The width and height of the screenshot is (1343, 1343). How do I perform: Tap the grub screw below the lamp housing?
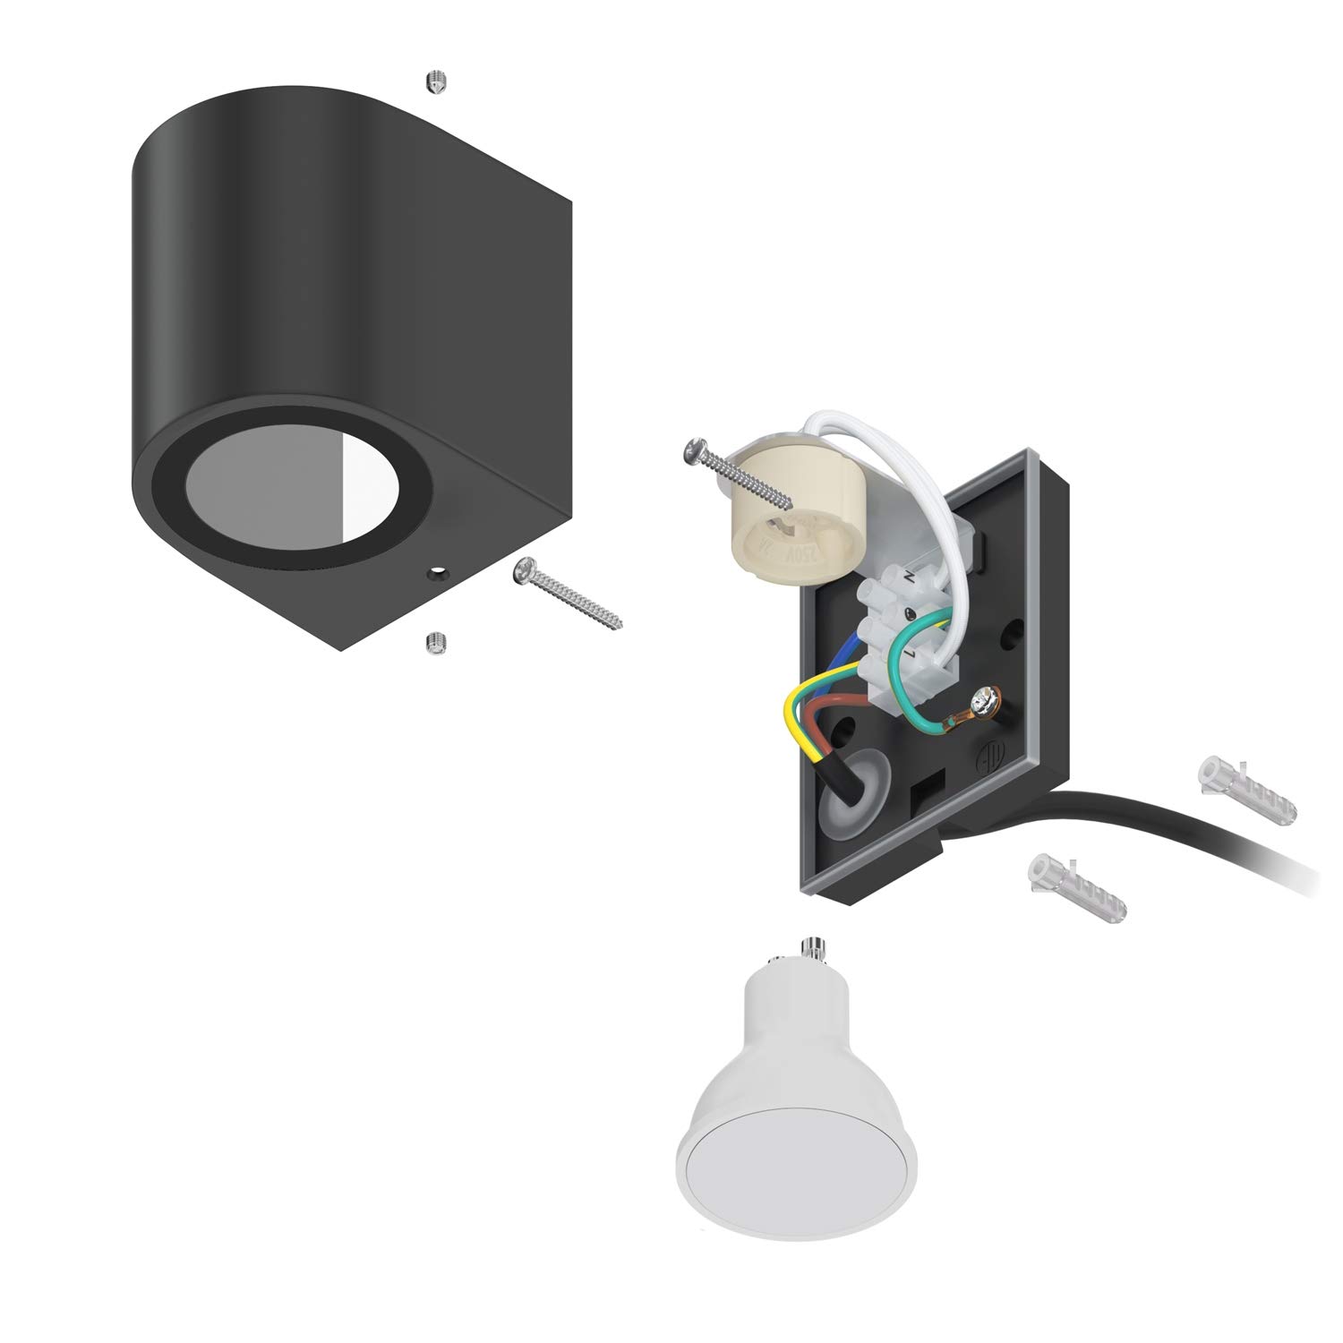tap(435, 641)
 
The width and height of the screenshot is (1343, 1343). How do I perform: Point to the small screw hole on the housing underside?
tap(438, 570)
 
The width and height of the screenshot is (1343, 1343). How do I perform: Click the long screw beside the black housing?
tap(566, 593)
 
